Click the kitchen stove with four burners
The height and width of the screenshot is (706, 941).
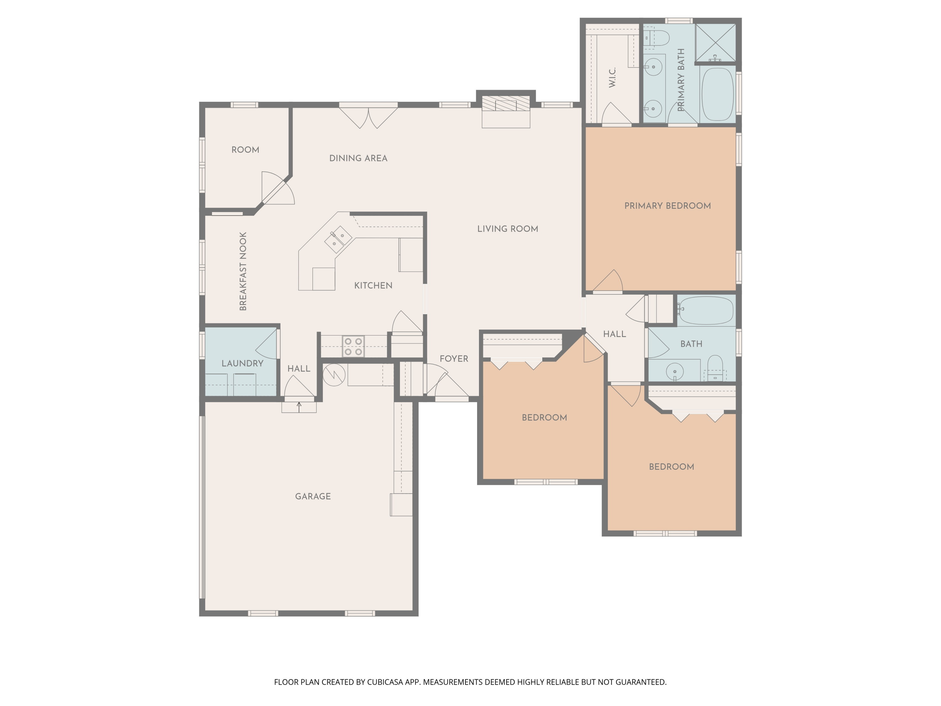pyautogui.click(x=354, y=346)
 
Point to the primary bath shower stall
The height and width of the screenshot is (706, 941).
pyautogui.click(x=715, y=43)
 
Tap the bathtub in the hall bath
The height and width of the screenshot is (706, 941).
pyautogui.click(x=706, y=311)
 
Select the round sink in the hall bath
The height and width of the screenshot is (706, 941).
pyautogui.click(x=675, y=372)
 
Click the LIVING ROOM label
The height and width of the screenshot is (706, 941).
pyautogui.click(x=508, y=229)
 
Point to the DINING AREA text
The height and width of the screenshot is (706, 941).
pyautogui.click(x=358, y=158)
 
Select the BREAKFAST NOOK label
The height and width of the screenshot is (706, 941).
pyautogui.click(x=243, y=271)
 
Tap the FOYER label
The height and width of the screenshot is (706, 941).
pyautogui.click(x=454, y=359)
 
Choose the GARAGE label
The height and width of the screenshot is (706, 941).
pyautogui.click(x=313, y=496)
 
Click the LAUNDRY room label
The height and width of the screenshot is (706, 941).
pyautogui.click(x=242, y=363)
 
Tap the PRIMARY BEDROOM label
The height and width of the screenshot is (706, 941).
pyautogui.click(x=667, y=206)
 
